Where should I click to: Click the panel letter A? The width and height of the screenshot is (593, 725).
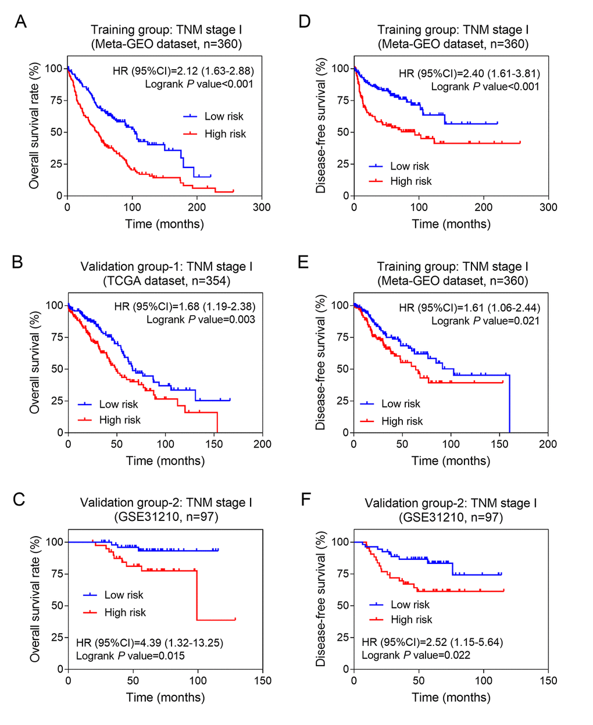tap(20, 22)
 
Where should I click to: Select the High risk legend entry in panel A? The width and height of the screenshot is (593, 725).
tap(225, 134)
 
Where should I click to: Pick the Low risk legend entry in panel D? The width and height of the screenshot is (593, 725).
tap(409, 166)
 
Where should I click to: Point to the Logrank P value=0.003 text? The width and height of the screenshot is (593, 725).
tap(201, 319)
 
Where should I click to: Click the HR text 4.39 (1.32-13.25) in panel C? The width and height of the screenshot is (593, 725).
tap(149, 643)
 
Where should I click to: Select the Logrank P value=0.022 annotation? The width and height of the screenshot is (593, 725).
tap(416, 655)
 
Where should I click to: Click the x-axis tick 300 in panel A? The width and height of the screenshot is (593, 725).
tap(262, 207)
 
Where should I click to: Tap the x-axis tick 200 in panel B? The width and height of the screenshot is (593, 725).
tap(262, 444)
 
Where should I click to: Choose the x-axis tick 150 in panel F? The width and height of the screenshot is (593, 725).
tap(548, 681)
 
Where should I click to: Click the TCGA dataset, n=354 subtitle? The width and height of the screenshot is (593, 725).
tap(166, 281)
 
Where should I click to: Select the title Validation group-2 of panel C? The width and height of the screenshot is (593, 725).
tap(166, 502)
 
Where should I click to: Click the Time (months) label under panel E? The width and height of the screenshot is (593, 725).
tap(451, 461)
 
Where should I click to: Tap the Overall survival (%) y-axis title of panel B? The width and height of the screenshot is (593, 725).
tap(35, 362)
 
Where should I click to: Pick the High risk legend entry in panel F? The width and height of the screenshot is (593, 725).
tap(411, 620)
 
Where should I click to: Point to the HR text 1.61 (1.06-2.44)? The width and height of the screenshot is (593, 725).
tap(469, 308)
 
